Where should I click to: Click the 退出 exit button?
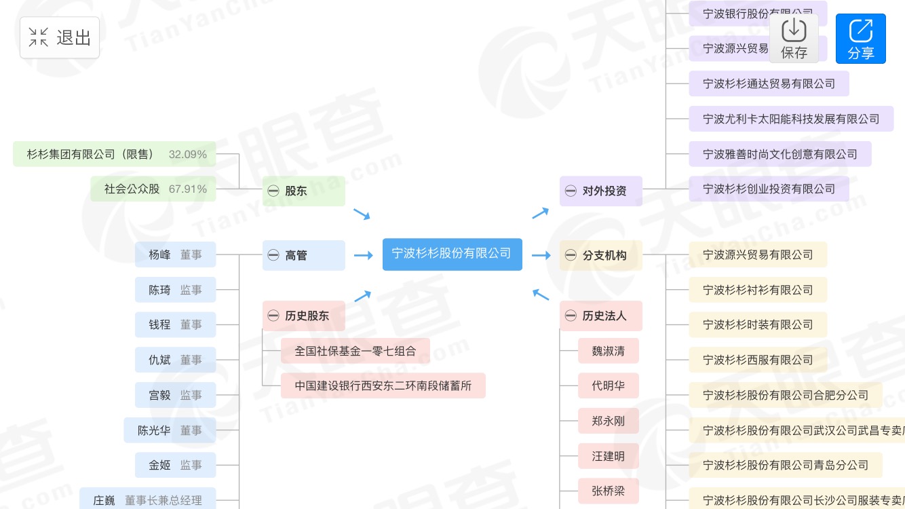[x=60, y=37]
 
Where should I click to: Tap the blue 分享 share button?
[x=860, y=39]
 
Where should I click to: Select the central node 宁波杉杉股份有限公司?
[x=452, y=254]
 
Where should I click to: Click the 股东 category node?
[x=303, y=191]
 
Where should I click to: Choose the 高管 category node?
[x=303, y=255]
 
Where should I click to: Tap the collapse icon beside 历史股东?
[x=273, y=316]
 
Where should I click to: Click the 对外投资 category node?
[x=601, y=191]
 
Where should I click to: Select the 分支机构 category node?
[x=601, y=255]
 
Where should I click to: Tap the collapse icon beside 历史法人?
[x=571, y=316]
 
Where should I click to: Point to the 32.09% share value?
[x=188, y=154]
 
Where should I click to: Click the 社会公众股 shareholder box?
[x=153, y=189]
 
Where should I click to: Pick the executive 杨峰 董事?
[x=175, y=254]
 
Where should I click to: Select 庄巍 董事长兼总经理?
[x=148, y=500]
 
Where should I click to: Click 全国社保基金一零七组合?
[x=355, y=351]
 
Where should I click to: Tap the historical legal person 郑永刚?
[x=608, y=421]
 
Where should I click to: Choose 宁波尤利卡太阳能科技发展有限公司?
[x=790, y=119]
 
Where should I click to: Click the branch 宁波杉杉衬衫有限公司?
[x=758, y=290]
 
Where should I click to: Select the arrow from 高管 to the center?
[x=364, y=255]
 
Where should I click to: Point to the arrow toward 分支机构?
[x=541, y=255]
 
